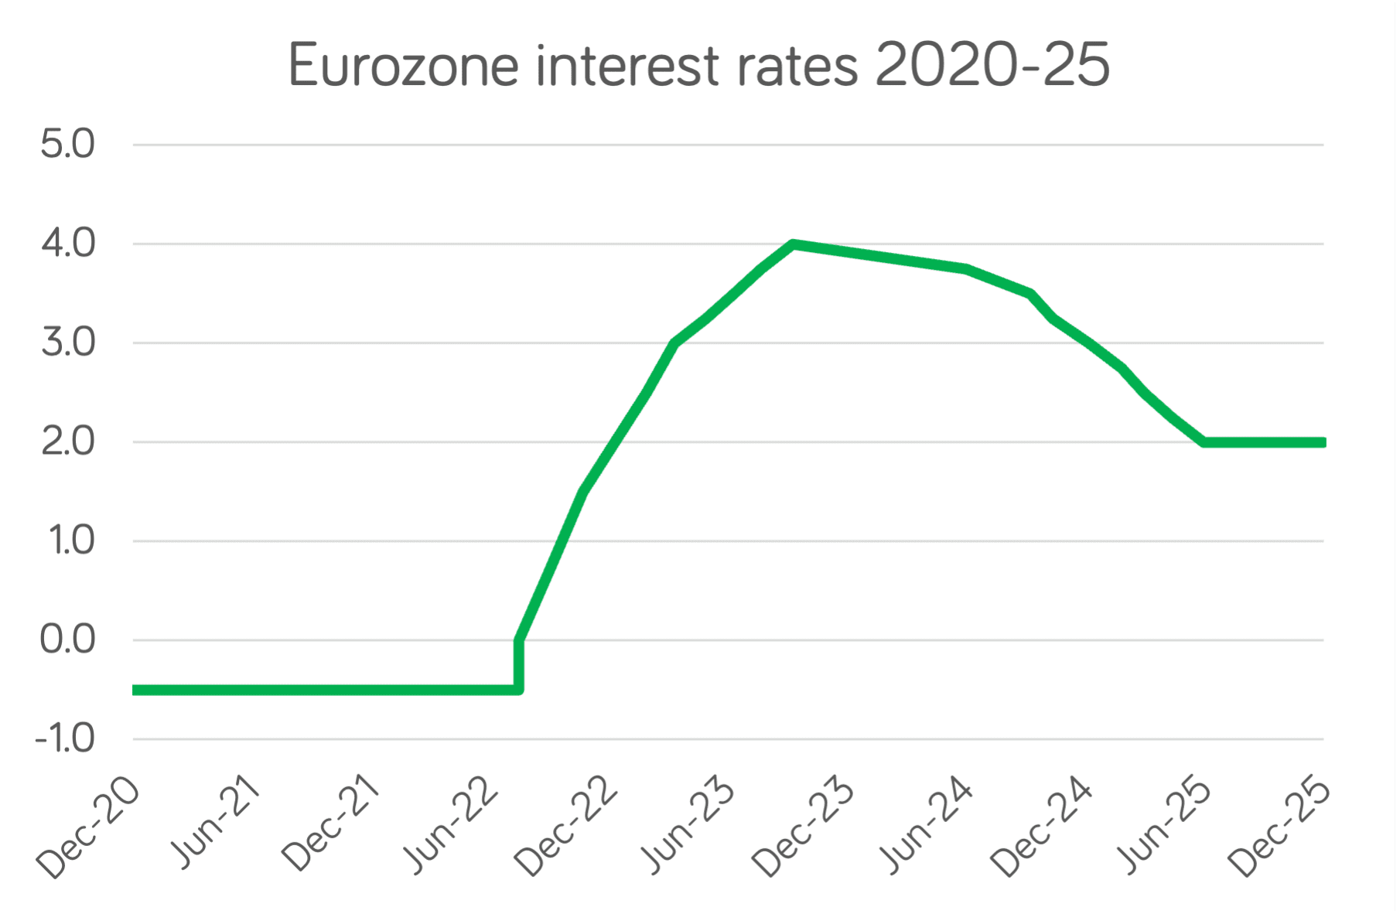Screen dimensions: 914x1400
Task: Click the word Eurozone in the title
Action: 403,67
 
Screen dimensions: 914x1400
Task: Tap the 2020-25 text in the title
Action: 992,67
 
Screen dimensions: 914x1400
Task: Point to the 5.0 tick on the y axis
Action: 68,145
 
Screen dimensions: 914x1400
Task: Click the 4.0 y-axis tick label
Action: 68,244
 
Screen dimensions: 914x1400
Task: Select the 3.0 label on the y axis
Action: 68,343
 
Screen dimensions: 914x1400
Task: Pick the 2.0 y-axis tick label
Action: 68,442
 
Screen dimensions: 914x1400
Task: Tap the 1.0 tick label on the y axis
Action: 71,541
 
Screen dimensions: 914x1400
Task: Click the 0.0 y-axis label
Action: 68,640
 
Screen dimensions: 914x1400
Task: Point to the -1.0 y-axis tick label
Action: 65,739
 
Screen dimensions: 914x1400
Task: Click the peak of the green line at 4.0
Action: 793,244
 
